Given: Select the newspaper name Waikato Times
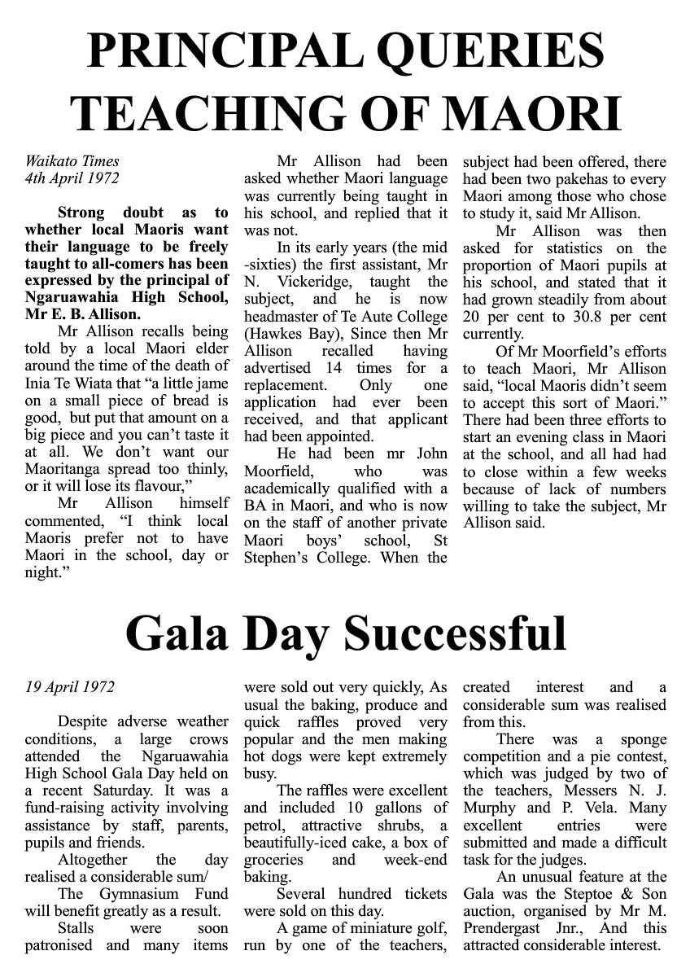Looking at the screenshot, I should click(72, 161).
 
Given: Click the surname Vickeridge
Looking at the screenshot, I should click(316, 282).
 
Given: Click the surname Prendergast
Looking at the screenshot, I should click(509, 928).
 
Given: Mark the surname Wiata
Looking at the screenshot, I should click(103, 384).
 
